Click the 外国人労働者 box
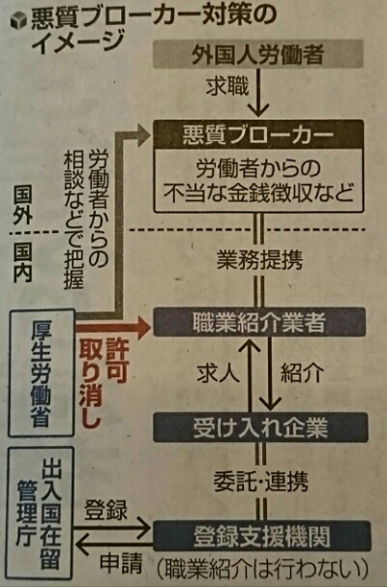[x=258, y=54]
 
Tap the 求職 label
[x=227, y=86]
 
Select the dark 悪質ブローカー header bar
[x=258, y=134]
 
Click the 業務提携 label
[x=259, y=258]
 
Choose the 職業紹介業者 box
[x=259, y=322]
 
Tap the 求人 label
[x=219, y=372]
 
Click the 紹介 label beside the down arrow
[x=303, y=372]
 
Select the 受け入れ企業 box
[x=260, y=427]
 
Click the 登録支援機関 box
[x=261, y=536]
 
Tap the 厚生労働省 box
[x=42, y=373]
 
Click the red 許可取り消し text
[x=104, y=383]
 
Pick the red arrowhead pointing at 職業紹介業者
[x=144, y=328]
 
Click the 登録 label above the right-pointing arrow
[x=106, y=510]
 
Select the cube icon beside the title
[x=18, y=21]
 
